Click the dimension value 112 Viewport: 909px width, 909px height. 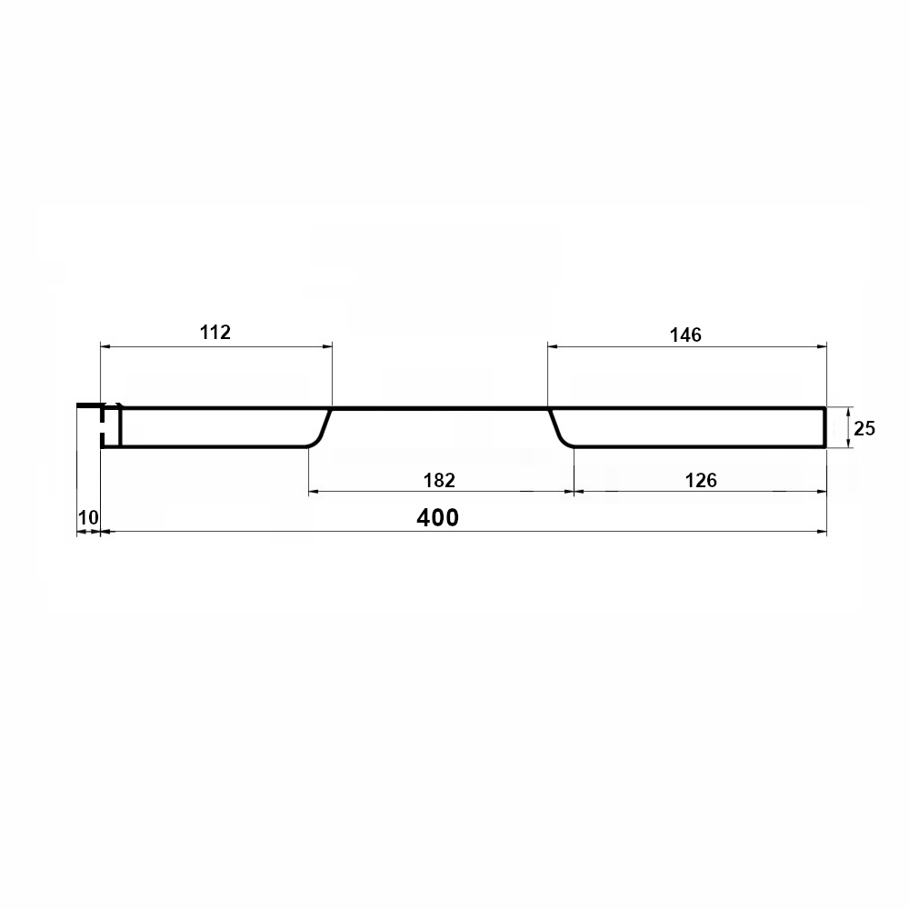pos(215,332)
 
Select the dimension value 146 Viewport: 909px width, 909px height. pos(685,335)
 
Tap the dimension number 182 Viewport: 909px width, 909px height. pos(439,480)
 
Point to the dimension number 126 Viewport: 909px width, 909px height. pos(701,480)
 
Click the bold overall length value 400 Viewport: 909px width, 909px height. pos(438,517)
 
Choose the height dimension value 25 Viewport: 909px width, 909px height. pos(864,428)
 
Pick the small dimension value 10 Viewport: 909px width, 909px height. pos(88,517)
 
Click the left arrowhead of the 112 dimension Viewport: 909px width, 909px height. pos(105,346)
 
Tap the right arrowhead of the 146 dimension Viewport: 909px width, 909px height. pos(822,346)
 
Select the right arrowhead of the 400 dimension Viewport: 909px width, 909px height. pos(822,531)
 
